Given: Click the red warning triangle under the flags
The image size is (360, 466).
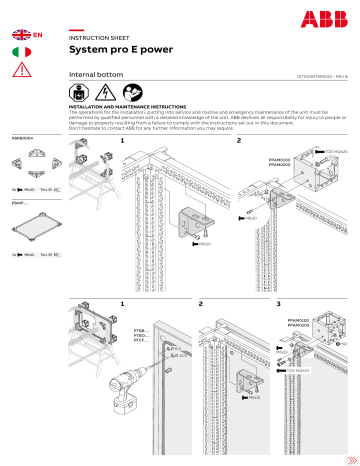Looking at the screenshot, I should click(x=20, y=69).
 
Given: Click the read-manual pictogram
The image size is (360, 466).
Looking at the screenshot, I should click(x=118, y=92).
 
